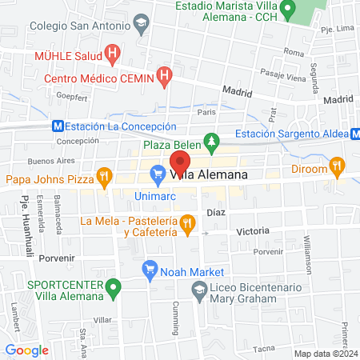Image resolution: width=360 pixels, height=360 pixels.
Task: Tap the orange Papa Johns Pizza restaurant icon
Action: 125,174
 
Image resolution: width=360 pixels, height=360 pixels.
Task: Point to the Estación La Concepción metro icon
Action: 57,126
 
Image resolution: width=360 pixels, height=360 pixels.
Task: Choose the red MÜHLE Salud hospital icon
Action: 113,56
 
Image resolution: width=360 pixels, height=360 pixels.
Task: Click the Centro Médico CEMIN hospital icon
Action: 165,78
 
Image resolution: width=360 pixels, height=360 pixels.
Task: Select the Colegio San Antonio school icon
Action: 142,24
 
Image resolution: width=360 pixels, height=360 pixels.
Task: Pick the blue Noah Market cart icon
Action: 149,270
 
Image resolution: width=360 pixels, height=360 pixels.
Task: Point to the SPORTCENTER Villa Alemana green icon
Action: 114,285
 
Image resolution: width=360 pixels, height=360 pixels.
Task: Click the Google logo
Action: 26,350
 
